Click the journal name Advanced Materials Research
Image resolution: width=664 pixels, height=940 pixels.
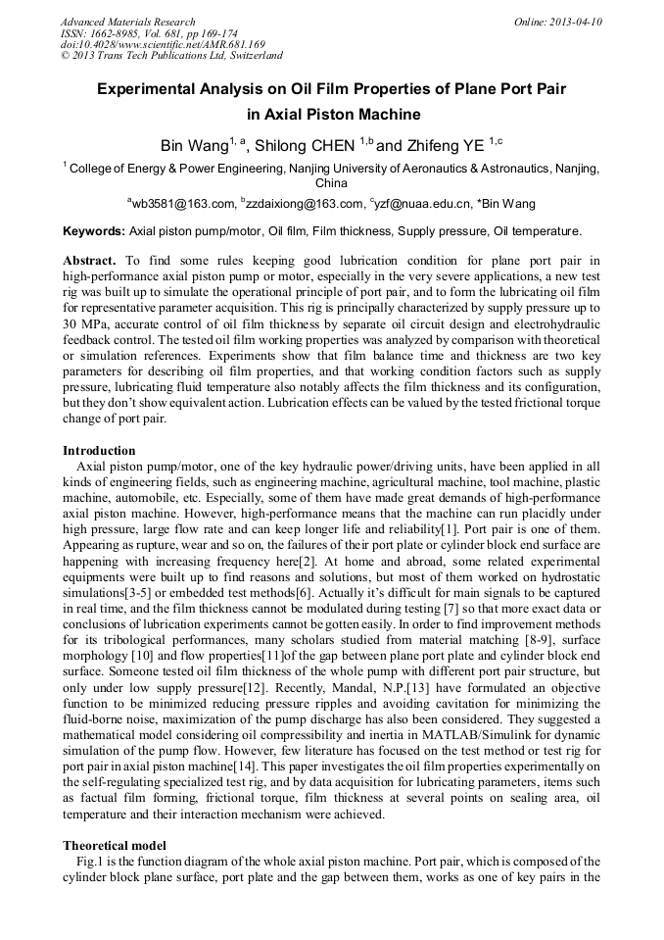(127, 22)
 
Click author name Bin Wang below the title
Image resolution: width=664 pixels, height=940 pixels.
(194, 146)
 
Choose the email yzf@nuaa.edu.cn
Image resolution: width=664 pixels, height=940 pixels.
(423, 204)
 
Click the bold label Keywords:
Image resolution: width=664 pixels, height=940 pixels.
(94, 232)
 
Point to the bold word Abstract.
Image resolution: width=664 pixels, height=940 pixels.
(88, 262)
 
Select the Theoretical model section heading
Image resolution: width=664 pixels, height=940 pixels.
(115, 845)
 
